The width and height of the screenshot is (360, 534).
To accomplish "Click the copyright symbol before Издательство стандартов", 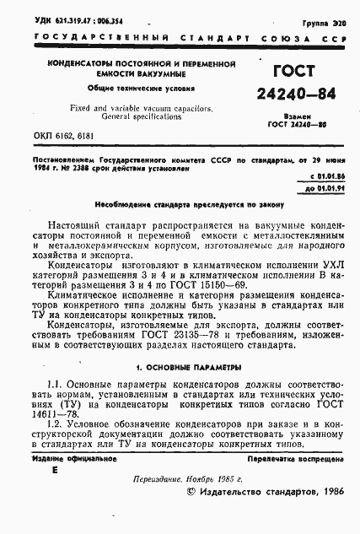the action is [191, 513].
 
